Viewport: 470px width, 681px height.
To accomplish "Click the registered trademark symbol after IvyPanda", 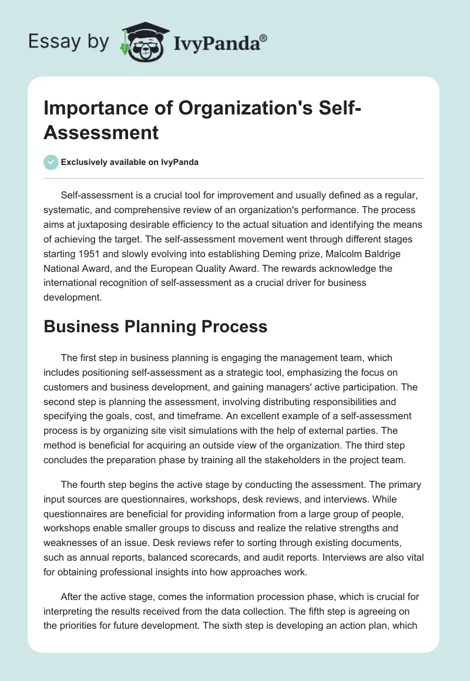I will tap(264, 38).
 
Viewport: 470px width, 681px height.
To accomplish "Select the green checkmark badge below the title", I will tap(51, 162).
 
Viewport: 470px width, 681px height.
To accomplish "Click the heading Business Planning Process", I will tap(156, 326).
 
